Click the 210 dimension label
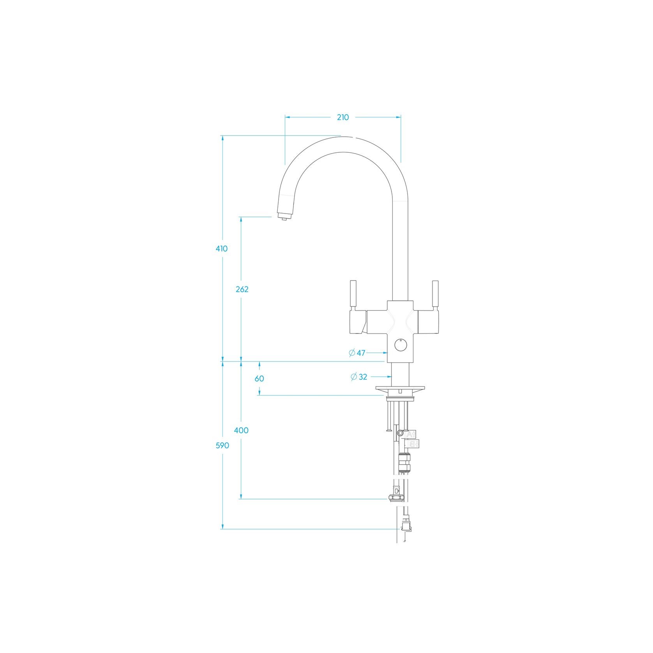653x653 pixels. (343, 117)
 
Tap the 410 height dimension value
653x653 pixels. (222, 249)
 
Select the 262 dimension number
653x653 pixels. (242, 289)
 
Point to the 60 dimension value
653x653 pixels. (259, 378)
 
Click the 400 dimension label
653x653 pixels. (241, 431)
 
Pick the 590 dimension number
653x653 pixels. (222, 446)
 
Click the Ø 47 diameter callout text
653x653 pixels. (357, 353)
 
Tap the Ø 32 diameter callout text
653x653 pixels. (359, 377)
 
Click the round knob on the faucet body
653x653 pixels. (400, 345)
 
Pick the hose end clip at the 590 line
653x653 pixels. (406, 528)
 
